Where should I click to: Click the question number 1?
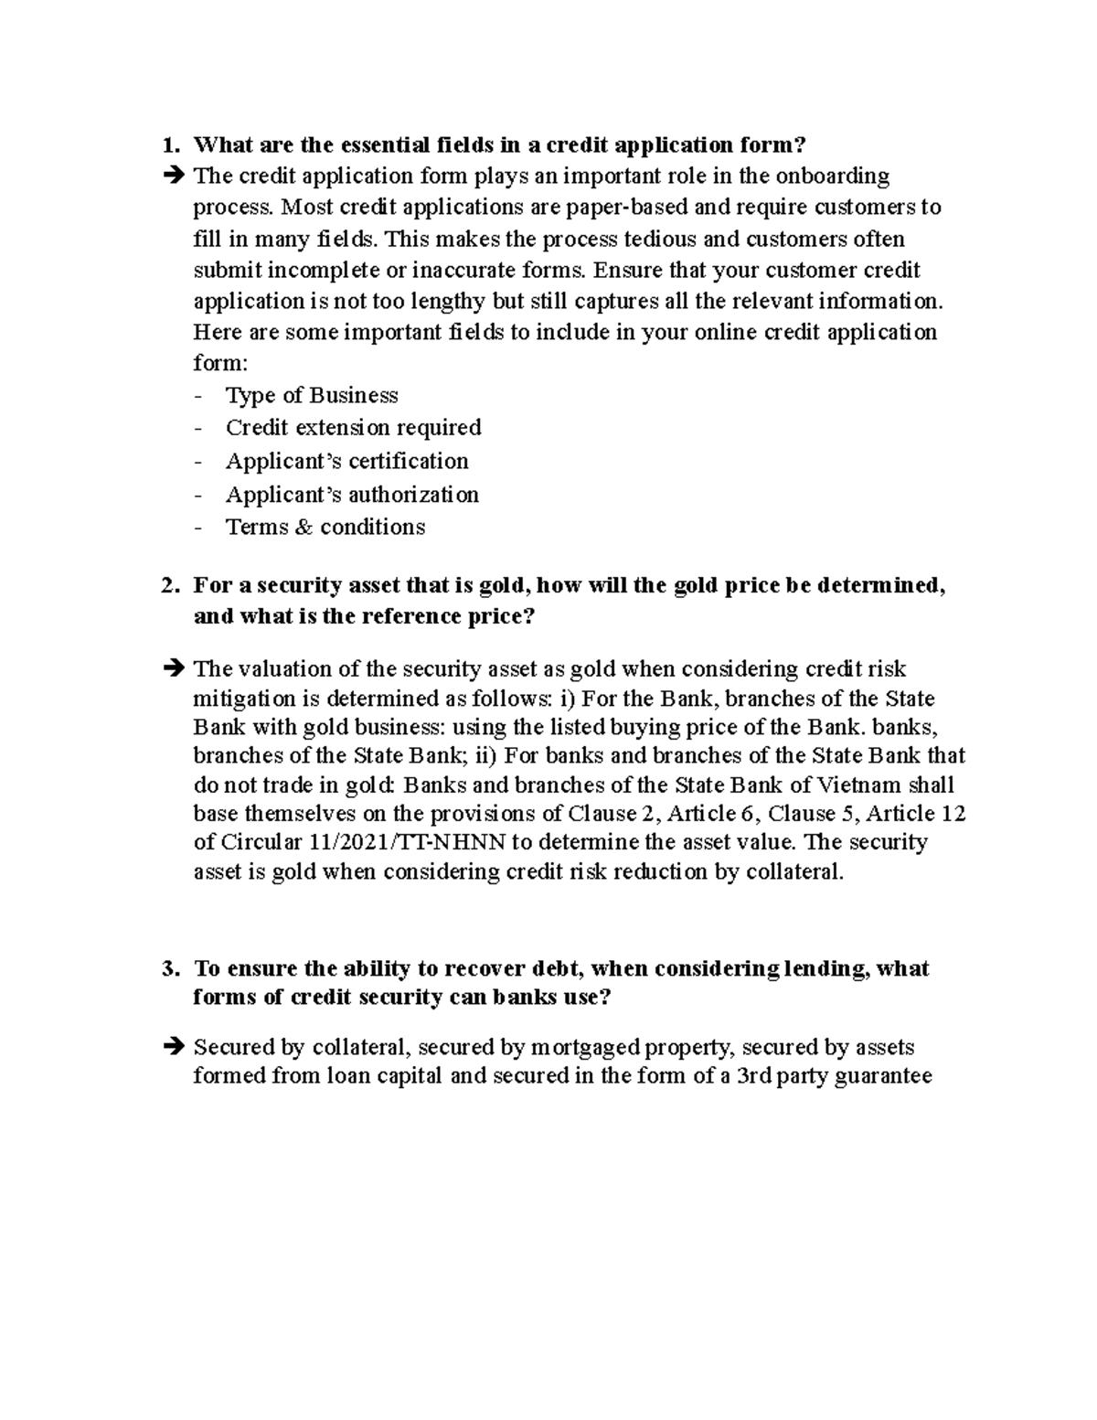167,144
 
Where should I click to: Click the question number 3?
167,968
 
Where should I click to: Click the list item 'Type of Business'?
312,396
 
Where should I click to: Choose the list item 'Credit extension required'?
353,428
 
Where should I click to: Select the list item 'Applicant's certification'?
346,461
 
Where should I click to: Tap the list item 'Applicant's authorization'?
352,495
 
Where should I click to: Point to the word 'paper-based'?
626,207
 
